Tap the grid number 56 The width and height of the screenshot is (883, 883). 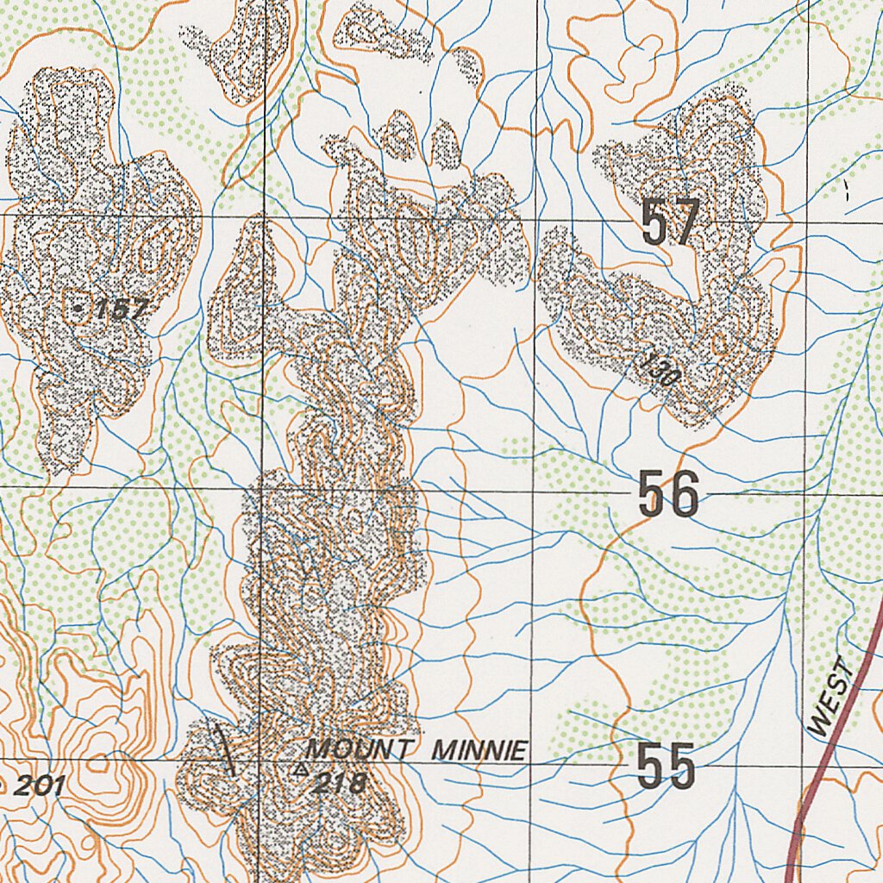coord(668,494)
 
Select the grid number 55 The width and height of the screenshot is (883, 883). coord(667,767)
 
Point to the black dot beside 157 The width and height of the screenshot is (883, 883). coord(79,307)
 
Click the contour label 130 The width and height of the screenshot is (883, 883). coord(662,372)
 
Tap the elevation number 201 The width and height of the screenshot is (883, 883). coord(40,785)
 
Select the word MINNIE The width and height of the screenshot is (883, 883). coord(479,751)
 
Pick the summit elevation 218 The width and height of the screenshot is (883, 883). coord(338,784)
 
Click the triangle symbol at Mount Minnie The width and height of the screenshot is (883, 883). coord(300,767)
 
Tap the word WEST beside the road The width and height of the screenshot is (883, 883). coord(832,698)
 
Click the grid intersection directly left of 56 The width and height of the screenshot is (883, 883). coord(533,492)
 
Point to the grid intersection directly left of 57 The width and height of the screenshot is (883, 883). coord(536,219)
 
